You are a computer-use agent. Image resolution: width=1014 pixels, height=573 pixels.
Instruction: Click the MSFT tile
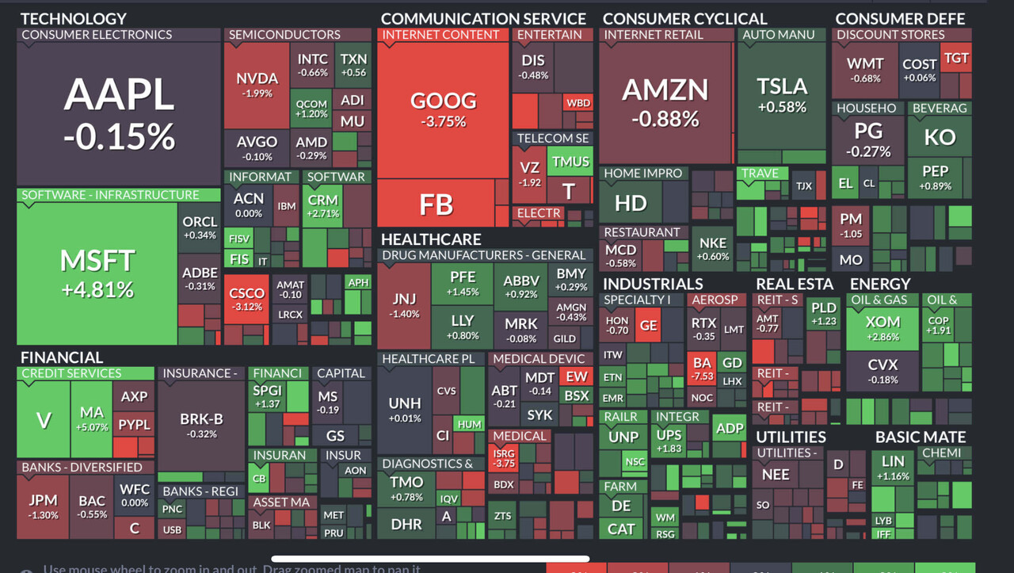click(x=97, y=273)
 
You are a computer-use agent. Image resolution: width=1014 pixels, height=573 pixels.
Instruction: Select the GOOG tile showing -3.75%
click(x=443, y=109)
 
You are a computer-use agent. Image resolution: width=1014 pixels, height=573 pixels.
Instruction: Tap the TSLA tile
click(x=781, y=94)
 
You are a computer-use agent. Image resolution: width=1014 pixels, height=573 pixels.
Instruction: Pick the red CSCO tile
click(x=246, y=299)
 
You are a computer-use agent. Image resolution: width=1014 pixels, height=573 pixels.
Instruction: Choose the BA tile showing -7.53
click(x=702, y=369)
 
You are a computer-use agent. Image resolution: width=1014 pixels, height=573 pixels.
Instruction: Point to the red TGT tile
click(x=956, y=59)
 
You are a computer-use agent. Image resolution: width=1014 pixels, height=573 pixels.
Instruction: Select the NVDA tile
click(x=257, y=85)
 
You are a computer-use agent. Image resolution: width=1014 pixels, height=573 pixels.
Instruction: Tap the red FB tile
click(x=436, y=204)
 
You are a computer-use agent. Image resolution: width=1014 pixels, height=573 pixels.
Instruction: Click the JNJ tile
click(x=404, y=306)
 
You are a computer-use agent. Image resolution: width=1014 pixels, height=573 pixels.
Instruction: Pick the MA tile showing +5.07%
click(x=92, y=418)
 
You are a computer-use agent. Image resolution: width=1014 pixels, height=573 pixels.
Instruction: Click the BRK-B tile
click(x=202, y=426)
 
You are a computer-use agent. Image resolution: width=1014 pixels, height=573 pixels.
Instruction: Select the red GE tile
click(x=648, y=325)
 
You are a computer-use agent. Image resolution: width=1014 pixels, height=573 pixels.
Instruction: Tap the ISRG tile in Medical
click(x=504, y=458)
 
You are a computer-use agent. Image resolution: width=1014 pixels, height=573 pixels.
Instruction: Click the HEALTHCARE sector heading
click(x=431, y=239)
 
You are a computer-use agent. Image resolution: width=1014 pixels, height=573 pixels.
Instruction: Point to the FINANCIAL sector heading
click(x=62, y=357)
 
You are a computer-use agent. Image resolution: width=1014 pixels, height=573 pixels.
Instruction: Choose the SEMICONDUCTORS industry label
click(x=284, y=35)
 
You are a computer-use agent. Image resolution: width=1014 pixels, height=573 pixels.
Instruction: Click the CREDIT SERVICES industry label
click(x=71, y=373)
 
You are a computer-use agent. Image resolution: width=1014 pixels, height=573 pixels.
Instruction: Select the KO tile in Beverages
click(x=940, y=136)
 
